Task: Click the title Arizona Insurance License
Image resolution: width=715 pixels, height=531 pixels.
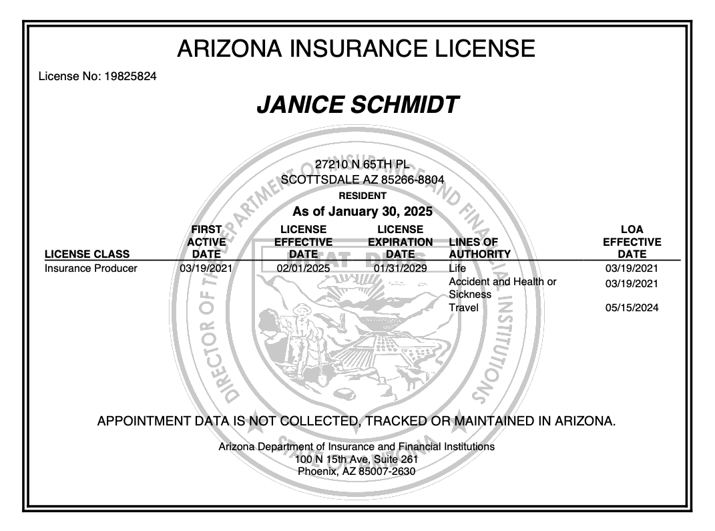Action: tap(356, 49)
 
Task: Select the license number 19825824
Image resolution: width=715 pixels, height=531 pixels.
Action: tap(130, 76)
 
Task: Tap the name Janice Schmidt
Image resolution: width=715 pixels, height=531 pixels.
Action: tap(357, 105)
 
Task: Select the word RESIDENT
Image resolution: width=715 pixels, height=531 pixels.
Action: tap(363, 196)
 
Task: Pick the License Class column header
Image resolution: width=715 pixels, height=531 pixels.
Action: tap(87, 254)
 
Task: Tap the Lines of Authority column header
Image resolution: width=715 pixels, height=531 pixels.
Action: tap(479, 248)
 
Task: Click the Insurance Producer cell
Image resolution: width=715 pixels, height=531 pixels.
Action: tap(91, 269)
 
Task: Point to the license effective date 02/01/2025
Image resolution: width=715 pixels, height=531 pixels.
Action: tap(303, 269)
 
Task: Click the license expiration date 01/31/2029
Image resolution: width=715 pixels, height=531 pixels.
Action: tap(400, 269)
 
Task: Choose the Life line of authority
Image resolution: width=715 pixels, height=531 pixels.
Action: tap(457, 269)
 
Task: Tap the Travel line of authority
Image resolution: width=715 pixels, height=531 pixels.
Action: tap(463, 308)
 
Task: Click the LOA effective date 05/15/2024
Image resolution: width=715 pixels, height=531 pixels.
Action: tap(632, 308)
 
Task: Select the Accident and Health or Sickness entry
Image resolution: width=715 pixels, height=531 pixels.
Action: tap(502, 288)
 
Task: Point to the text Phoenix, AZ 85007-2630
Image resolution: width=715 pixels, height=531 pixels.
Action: tap(356, 471)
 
